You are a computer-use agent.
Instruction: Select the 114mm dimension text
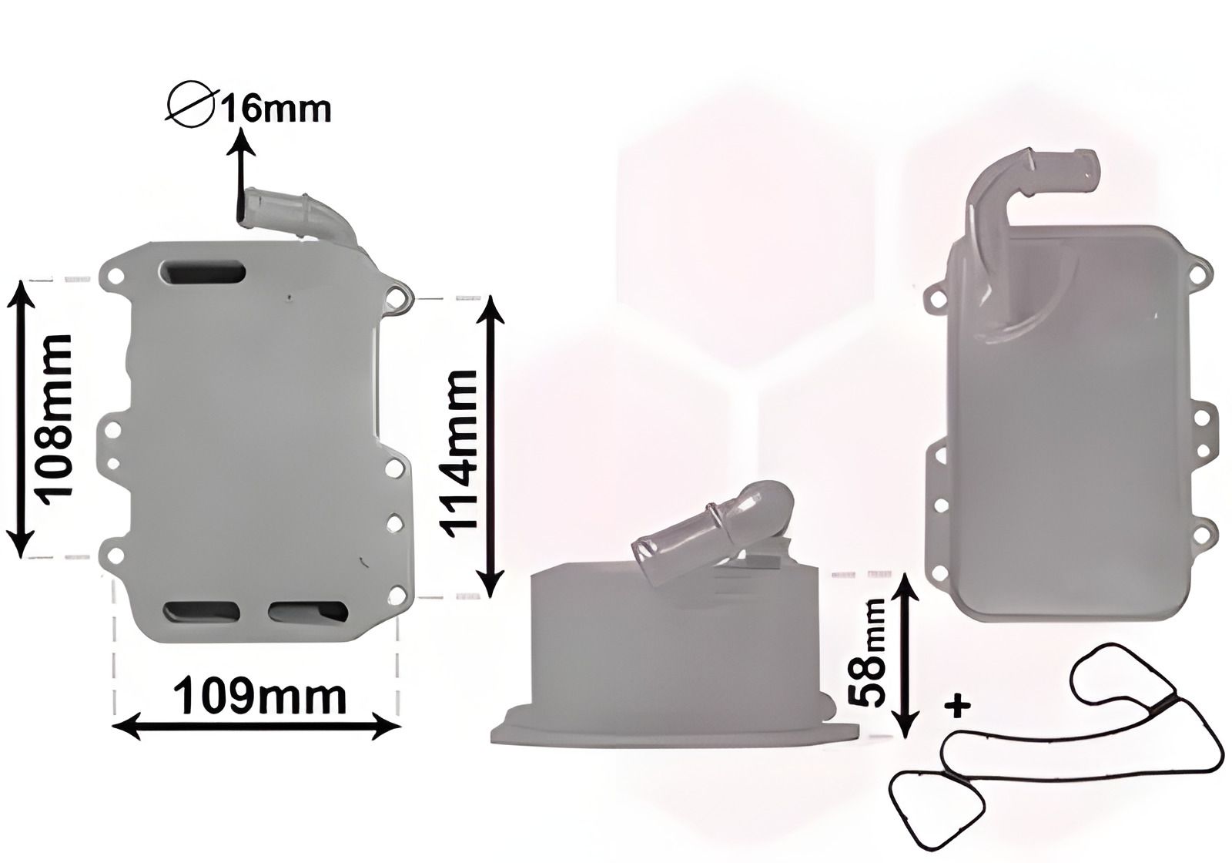click(458, 448)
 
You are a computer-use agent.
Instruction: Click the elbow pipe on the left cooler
click(300, 212)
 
